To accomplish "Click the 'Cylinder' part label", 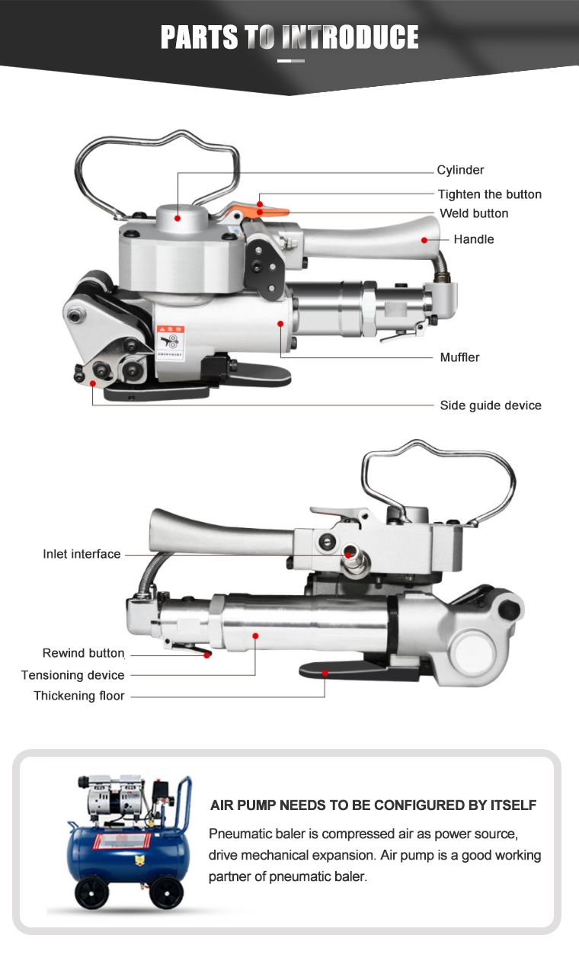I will (460, 170).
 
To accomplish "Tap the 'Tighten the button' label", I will (489, 194).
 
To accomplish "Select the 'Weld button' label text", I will (474, 213).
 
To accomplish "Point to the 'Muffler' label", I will (459, 357).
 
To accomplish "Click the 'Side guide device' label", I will (491, 405).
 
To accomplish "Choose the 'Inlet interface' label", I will (82, 554).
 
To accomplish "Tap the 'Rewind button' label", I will (83, 653).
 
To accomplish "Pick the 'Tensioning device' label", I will (73, 675).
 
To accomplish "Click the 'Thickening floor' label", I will (79, 696).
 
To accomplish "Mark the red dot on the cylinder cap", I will (178, 218).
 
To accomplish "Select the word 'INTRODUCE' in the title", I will (350, 37).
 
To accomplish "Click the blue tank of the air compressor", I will (122, 852).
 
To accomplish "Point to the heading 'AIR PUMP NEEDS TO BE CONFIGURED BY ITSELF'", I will (373, 805).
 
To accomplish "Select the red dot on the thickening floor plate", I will (325, 672).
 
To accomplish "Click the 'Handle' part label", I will (474, 239).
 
